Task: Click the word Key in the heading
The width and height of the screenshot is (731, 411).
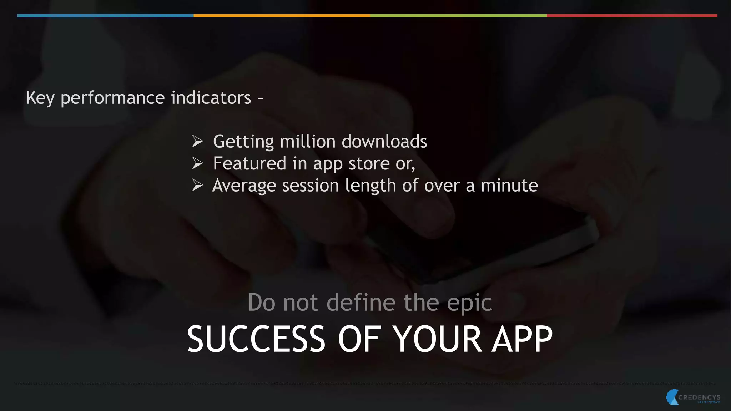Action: click(x=40, y=98)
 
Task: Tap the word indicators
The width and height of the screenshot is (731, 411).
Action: click(x=211, y=97)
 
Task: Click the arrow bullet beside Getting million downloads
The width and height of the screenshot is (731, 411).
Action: click(x=197, y=141)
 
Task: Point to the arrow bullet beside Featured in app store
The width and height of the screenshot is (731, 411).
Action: click(x=197, y=163)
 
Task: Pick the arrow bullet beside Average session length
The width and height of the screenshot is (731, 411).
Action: click(x=197, y=185)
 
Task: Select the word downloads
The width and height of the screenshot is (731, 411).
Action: click(x=384, y=142)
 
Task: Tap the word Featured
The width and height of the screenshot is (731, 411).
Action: click(x=249, y=163)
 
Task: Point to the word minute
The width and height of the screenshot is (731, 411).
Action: click(x=509, y=186)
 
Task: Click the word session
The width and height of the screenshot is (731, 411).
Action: click(x=310, y=186)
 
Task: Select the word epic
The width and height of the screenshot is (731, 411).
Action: click(x=469, y=303)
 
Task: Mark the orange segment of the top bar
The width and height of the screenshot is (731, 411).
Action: click(x=282, y=16)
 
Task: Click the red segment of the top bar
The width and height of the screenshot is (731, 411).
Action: click(x=632, y=16)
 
